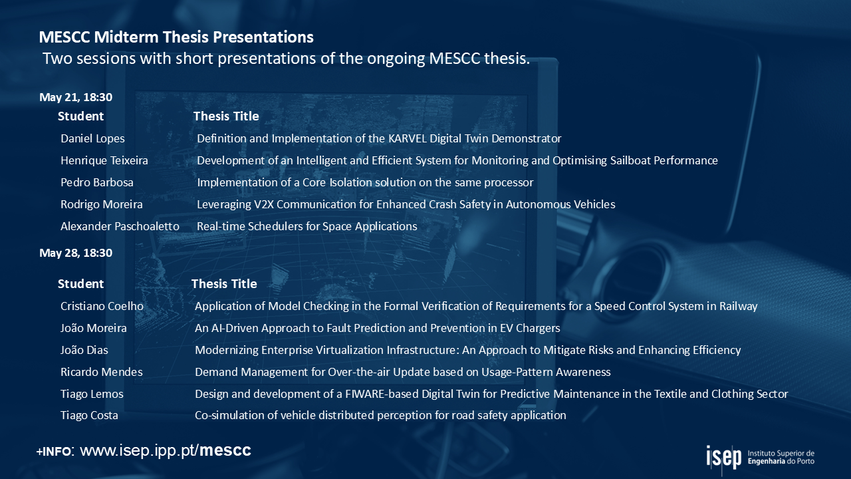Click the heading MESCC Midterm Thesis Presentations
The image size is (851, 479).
[176, 37]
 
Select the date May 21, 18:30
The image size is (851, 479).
[76, 97]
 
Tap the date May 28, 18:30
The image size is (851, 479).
[76, 253]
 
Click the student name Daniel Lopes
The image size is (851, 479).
[92, 138]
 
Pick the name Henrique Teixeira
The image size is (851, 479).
[104, 160]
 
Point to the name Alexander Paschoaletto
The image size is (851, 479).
[120, 226]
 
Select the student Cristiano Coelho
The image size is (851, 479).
[102, 306]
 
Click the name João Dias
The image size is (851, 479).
[84, 350]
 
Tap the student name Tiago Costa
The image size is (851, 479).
[89, 415]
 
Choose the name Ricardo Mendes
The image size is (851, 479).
[102, 372]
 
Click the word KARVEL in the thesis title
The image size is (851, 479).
[408, 138]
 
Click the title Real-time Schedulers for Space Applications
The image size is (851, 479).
[307, 227]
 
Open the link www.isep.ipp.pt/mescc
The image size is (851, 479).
[166, 450]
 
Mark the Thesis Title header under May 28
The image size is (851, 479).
[224, 284]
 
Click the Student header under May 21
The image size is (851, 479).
[80, 116]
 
